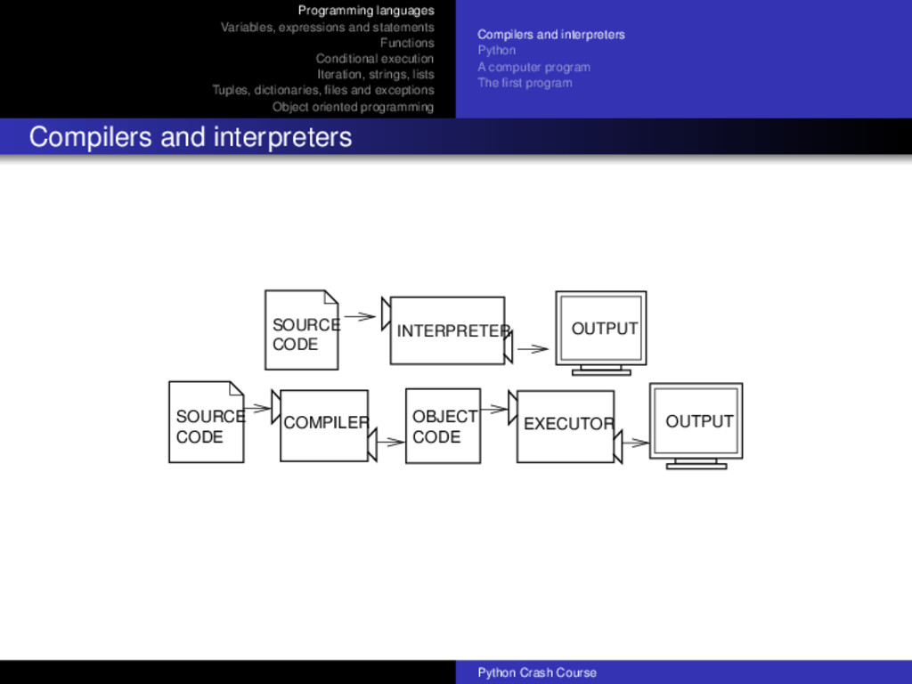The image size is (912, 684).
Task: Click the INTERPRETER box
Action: point(447,330)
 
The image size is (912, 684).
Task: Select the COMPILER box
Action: point(324,426)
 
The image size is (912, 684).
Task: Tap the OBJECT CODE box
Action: point(443,427)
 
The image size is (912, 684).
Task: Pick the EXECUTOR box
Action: point(565,427)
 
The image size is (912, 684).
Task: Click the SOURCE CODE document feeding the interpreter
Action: point(301,330)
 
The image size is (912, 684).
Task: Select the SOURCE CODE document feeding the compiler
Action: point(206,423)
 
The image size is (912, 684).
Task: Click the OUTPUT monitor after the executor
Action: point(696,422)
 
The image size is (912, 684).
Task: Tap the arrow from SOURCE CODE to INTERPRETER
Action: point(359,315)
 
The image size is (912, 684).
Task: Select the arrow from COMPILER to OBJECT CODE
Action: point(389,441)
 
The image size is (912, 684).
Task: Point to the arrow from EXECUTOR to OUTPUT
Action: point(635,442)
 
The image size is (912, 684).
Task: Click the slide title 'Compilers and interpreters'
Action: point(191,137)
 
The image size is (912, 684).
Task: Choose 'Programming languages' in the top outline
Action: point(366,11)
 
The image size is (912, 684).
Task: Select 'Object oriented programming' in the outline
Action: point(353,107)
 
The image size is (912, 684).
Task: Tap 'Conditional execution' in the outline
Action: point(375,59)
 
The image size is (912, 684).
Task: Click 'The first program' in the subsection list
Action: point(525,83)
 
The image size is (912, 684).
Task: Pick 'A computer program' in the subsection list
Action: point(533,67)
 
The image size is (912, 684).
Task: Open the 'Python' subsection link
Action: point(496,50)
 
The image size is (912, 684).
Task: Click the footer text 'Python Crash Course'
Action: point(537,672)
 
